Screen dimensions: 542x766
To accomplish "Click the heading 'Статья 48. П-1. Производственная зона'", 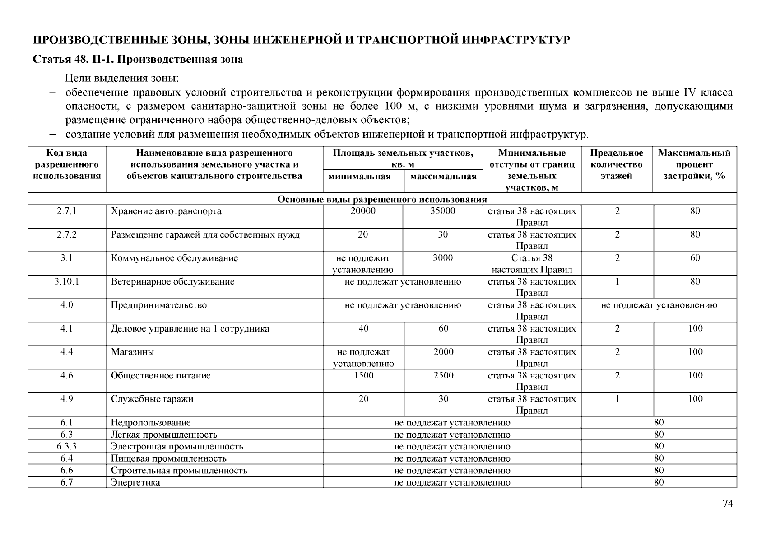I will point(138,60).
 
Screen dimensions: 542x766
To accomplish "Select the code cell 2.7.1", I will point(67,211).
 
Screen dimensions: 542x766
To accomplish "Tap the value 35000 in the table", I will point(443,211).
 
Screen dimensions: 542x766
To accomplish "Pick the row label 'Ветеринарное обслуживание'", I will point(173,282).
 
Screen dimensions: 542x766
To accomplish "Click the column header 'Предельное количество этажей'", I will point(617,164).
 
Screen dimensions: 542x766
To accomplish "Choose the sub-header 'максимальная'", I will point(443,177).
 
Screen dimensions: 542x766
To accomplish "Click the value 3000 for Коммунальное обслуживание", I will point(443,258).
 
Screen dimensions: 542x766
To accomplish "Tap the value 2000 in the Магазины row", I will point(443,352).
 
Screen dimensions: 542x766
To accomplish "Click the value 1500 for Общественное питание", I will point(363,376).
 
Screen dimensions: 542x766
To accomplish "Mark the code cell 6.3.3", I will point(67,446).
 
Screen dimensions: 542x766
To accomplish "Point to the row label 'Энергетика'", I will point(135,482).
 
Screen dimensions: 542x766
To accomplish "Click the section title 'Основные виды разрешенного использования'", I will point(382,200).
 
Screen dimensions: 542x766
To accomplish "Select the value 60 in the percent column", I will point(695,258).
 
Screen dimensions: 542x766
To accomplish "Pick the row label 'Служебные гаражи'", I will point(152,399).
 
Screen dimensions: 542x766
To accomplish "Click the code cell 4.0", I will point(67,305).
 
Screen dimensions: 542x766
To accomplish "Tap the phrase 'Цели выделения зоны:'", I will point(122,78).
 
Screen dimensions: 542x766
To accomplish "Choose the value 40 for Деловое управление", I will point(363,329).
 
